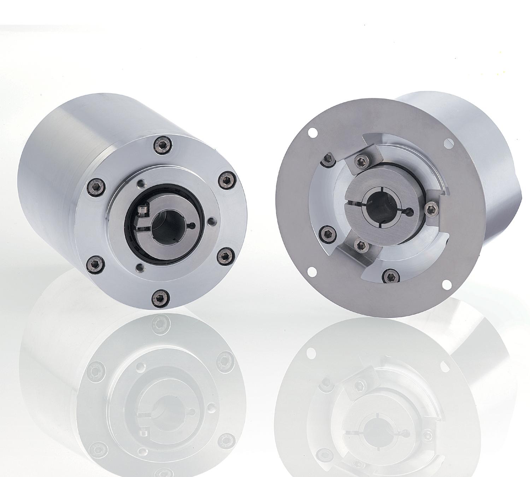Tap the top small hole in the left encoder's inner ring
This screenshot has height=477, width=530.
tap(141, 183)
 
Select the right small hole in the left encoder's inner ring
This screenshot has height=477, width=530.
tap(212, 222)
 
